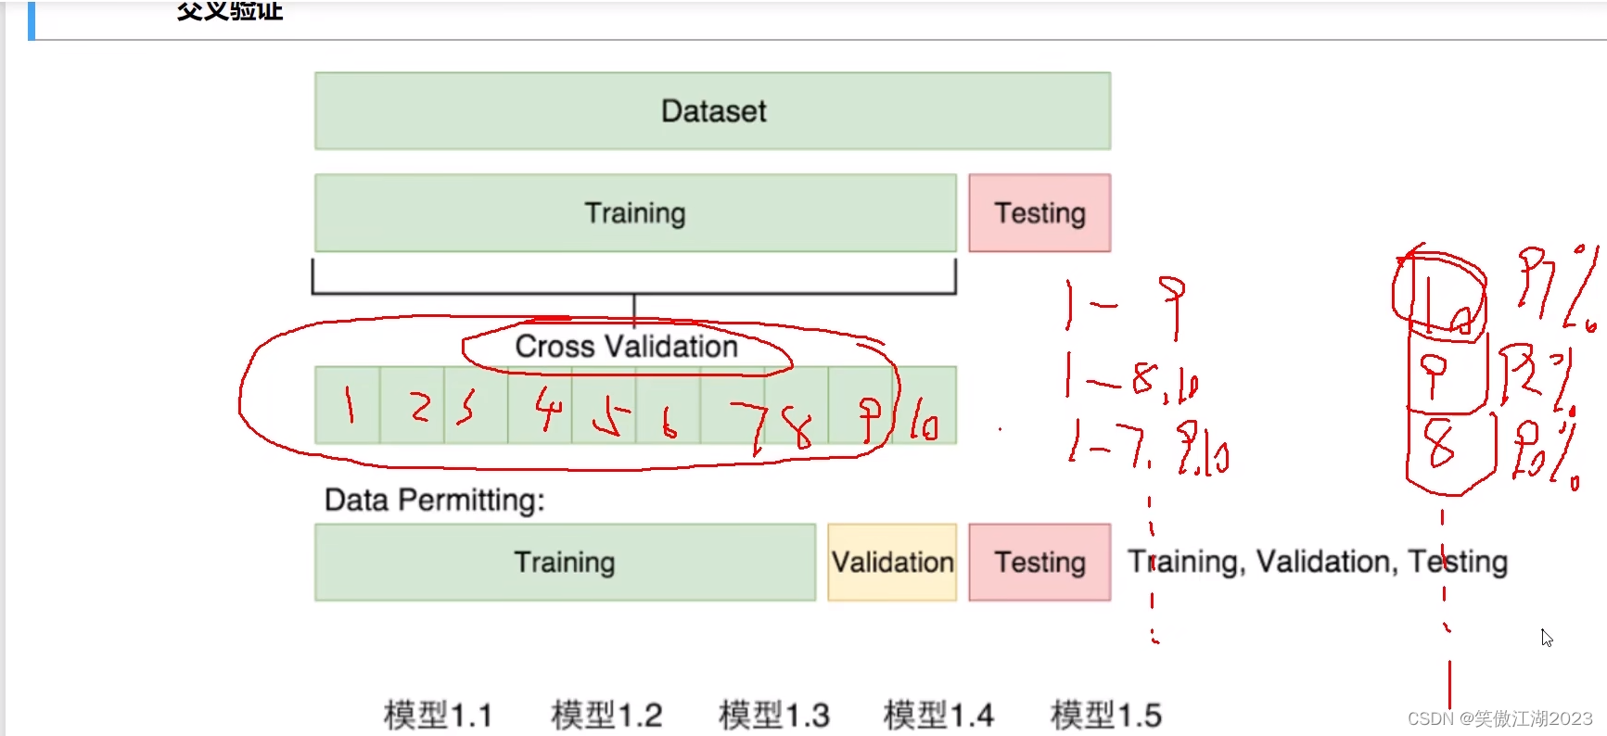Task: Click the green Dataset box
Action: (712, 111)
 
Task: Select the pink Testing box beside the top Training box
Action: (1039, 213)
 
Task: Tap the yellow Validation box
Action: (892, 563)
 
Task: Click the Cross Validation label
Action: (626, 347)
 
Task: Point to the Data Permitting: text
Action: (434, 501)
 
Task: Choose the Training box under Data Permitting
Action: (565, 563)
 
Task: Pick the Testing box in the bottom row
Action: (1039, 563)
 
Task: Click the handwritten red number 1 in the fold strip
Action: (349, 405)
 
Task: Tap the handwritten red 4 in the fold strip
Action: (548, 409)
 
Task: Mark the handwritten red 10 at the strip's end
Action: (924, 419)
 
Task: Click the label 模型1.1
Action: (438, 716)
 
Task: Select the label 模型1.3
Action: (773, 716)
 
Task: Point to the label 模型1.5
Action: (1105, 716)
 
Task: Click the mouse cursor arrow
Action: (1546, 637)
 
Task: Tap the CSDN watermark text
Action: (1499, 718)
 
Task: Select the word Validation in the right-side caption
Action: (1325, 562)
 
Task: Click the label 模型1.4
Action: (938, 716)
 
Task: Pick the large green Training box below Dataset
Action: (635, 213)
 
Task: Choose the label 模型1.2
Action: (606, 716)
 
